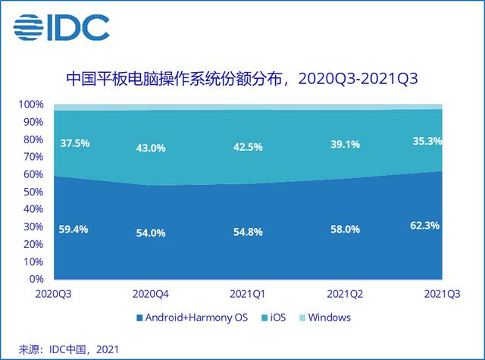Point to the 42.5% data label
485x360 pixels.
pos(247,147)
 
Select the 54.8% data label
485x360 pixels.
pos(247,231)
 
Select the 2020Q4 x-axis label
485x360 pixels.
pos(152,293)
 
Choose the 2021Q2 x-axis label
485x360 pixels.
pos(345,293)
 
